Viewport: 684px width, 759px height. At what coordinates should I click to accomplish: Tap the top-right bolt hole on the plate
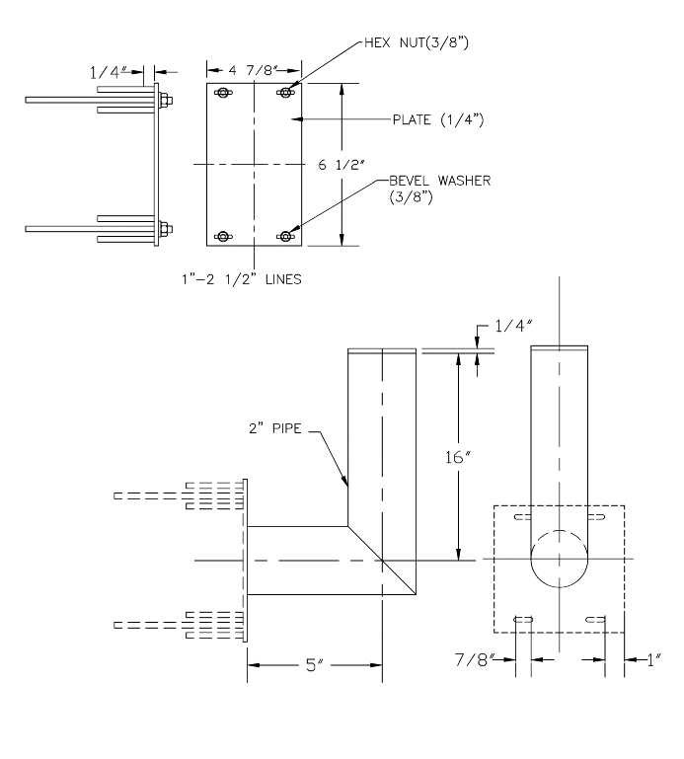tap(286, 93)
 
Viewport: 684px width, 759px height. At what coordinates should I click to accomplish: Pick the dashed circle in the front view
tap(559, 559)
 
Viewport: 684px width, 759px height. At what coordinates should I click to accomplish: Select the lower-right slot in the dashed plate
tap(595, 619)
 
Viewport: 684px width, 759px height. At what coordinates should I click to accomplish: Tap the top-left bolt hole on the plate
tap(222, 93)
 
